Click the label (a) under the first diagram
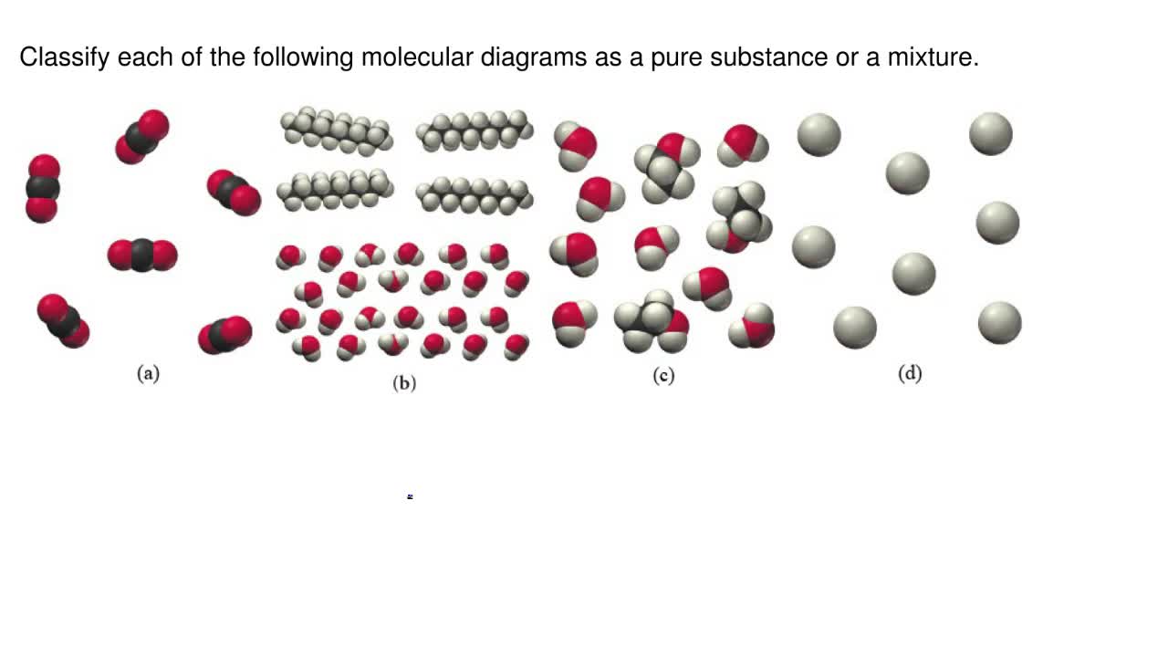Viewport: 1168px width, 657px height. point(148,373)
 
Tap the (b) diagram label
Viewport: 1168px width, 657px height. point(404,383)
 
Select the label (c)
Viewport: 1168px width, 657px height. point(663,375)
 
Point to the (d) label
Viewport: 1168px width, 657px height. point(910,373)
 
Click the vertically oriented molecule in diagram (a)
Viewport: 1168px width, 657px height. point(43,189)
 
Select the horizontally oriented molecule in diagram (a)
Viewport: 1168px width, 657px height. point(142,255)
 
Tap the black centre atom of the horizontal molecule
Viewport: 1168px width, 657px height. point(142,255)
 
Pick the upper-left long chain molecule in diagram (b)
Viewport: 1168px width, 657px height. point(336,130)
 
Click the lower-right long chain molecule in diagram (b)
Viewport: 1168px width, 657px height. point(474,194)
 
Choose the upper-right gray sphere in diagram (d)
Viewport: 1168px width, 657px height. point(991,134)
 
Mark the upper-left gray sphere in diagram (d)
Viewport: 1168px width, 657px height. point(819,134)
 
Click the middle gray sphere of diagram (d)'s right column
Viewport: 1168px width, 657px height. point(997,223)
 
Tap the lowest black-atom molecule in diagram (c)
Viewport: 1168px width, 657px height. point(651,321)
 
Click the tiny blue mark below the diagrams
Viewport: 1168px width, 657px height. point(410,496)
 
